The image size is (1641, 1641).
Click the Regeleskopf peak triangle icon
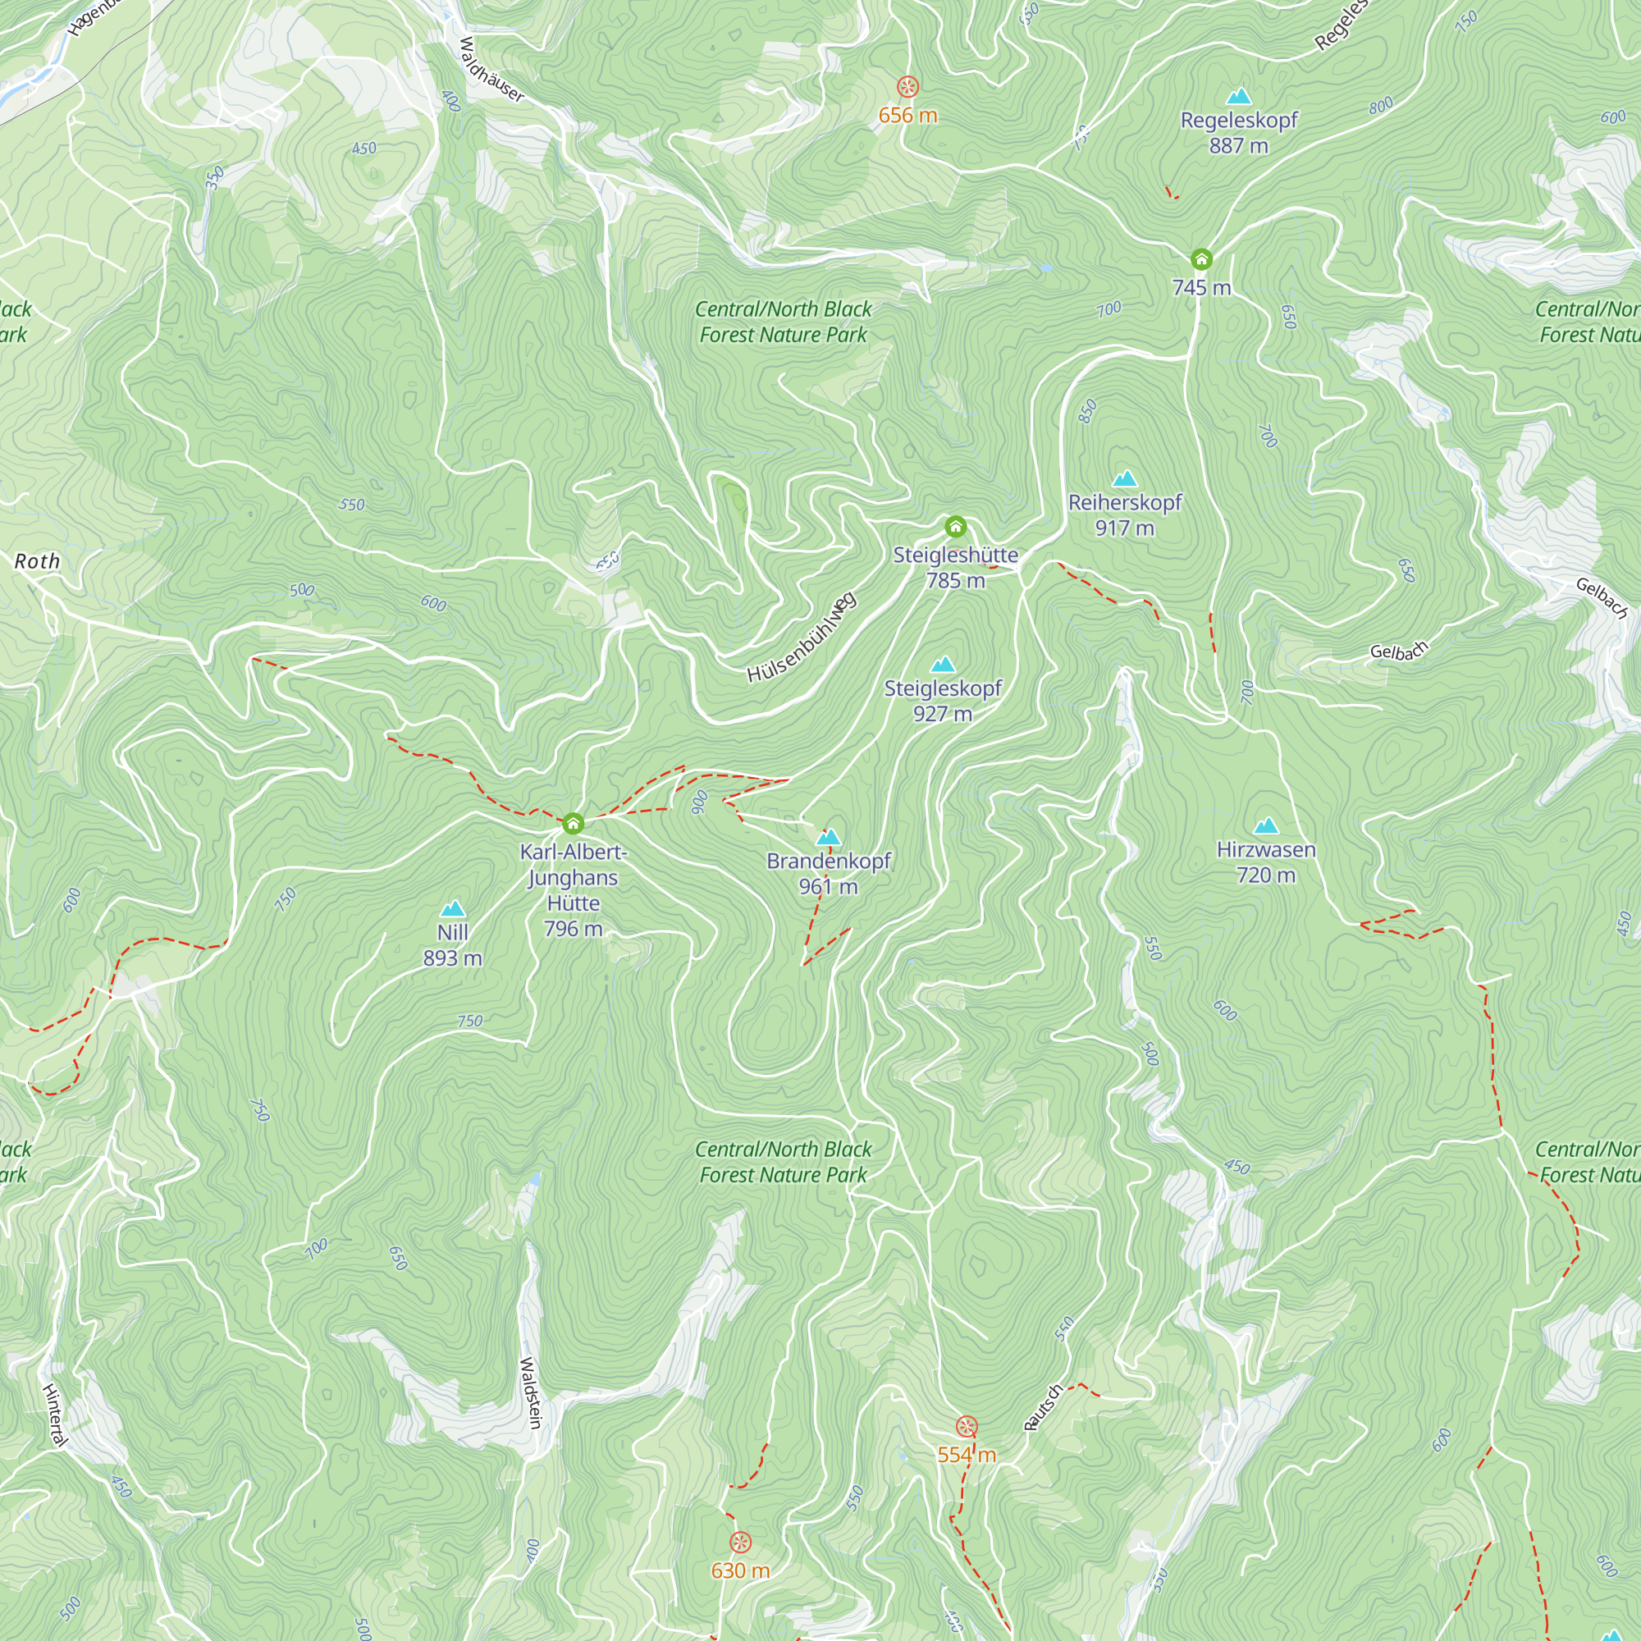coord(1238,95)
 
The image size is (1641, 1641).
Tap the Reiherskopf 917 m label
coord(1125,514)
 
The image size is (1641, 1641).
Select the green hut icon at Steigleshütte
coord(956,528)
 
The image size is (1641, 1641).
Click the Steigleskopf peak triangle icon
coord(943,665)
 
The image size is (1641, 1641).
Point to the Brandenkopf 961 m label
coord(828,873)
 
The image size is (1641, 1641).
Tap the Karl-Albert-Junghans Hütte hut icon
coord(574,823)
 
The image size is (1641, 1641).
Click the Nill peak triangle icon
coord(453,909)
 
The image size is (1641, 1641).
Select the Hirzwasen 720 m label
coord(1265,862)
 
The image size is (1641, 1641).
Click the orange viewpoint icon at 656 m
coord(908,87)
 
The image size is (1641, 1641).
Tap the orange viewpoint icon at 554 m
coord(967,1426)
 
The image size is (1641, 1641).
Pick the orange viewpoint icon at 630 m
coord(741,1543)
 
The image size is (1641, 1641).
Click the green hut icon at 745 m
coord(1201,259)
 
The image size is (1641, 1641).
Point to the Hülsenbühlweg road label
coord(802,638)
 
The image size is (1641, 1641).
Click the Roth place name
coord(38,561)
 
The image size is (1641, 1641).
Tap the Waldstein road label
coord(530,1393)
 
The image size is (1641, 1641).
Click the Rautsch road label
coord(1043,1407)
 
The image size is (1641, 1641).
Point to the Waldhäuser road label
coord(491,70)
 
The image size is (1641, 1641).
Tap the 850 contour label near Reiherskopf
coord(1088,412)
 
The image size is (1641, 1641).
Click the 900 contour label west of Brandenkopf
coord(699,802)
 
